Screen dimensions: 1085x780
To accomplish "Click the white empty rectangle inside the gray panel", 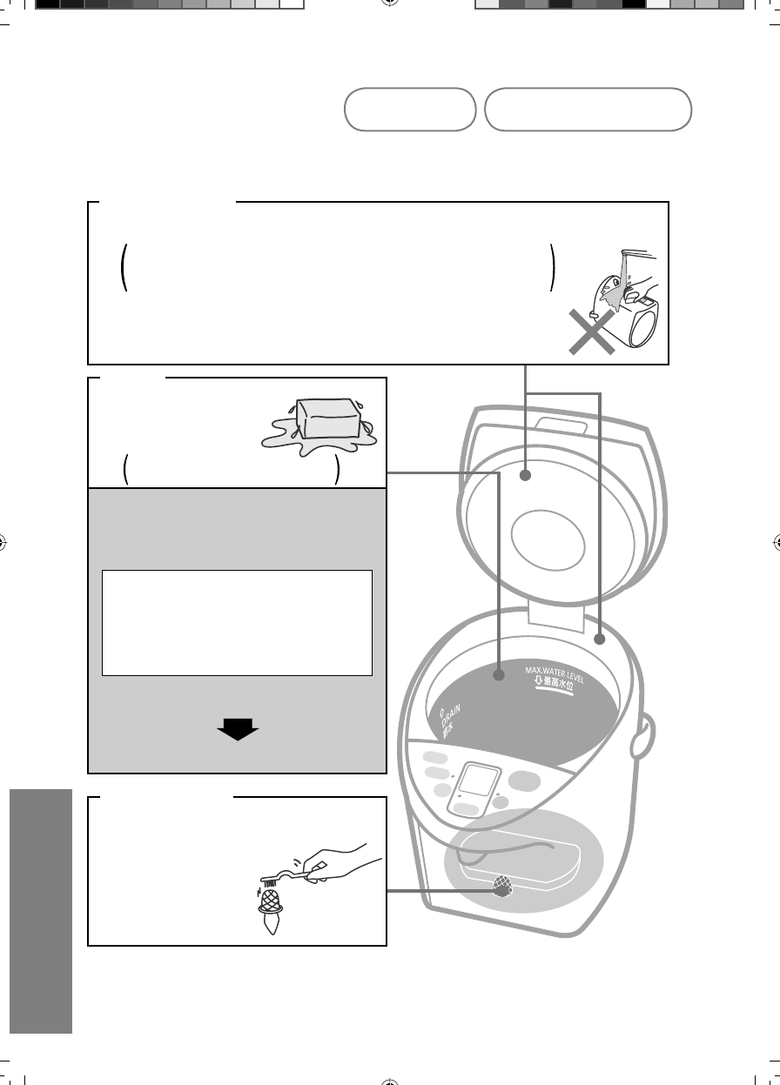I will pyautogui.click(x=237, y=623).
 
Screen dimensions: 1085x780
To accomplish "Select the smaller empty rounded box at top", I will pyautogui.click(x=409, y=110).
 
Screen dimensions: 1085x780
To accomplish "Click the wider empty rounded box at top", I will pyautogui.click(x=588, y=110).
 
